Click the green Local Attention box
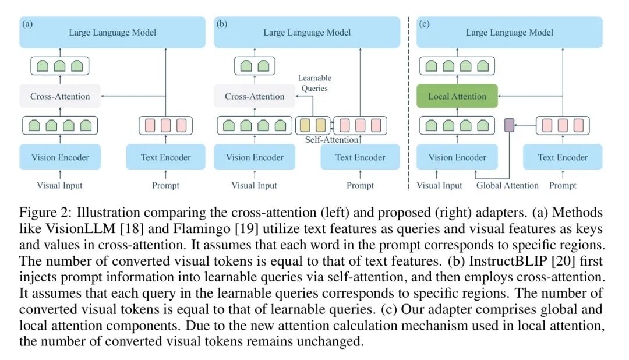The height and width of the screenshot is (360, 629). pyautogui.click(x=457, y=96)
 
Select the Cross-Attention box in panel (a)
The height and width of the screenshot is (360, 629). pyautogui.click(x=60, y=96)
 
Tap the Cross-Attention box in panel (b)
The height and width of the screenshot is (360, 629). pyautogui.click(x=255, y=96)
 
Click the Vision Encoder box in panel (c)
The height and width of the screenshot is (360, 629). pyautogui.click(x=457, y=157)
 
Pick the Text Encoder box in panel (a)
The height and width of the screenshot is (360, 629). pyautogui.click(x=165, y=157)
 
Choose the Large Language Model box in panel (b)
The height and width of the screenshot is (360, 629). pyautogui.click(x=307, y=33)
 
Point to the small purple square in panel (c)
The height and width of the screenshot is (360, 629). pyautogui.click(x=510, y=125)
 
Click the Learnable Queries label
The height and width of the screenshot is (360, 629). pyautogui.click(x=314, y=83)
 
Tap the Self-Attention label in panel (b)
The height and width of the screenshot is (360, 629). pyautogui.click(x=331, y=140)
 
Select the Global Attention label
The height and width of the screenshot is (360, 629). pyautogui.click(x=507, y=186)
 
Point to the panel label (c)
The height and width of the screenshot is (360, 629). pyautogui.click(x=425, y=24)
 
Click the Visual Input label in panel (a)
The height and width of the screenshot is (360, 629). pyautogui.click(x=60, y=186)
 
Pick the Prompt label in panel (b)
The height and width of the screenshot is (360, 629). pyautogui.click(x=360, y=186)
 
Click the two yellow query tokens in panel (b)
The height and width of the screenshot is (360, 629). pyautogui.click(x=312, y=125)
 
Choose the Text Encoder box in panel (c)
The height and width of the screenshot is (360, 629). pyautogui.click(x=563, y=157)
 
